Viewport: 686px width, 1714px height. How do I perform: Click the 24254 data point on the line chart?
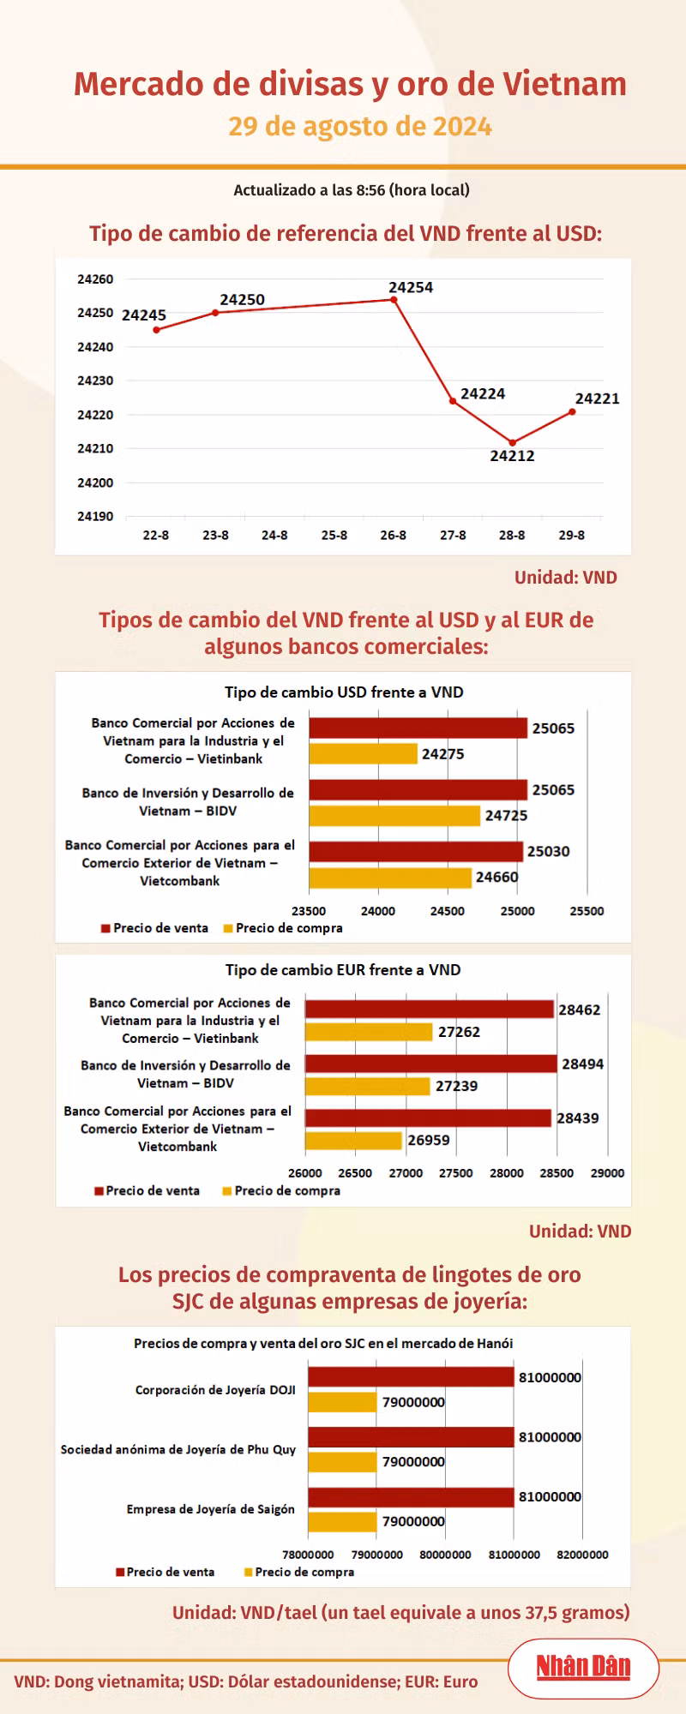394,300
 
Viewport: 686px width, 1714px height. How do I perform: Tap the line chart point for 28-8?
513,442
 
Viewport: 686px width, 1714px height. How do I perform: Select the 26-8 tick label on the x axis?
394,535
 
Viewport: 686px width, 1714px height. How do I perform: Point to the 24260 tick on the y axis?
95,279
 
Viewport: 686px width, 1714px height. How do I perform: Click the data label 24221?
597,399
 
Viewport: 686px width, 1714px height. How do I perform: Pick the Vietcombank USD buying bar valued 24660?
390,878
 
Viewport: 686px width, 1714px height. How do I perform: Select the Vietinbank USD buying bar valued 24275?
363,753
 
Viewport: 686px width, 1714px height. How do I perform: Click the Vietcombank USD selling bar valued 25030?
416,851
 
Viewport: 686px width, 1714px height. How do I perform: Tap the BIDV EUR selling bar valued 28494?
431,1064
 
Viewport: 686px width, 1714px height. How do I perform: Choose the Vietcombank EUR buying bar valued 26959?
353,1141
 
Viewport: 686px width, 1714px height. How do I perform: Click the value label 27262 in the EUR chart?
459,1032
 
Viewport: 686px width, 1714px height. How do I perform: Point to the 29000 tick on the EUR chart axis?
608,1172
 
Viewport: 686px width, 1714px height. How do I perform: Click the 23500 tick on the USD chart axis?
309,911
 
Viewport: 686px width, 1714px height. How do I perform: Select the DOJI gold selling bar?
411,1377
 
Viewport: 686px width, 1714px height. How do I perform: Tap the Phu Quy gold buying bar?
342,1462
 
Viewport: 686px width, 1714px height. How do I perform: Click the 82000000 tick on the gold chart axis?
583,1555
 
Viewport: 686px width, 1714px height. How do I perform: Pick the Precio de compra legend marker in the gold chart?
249,1572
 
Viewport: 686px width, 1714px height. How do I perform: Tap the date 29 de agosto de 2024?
360,127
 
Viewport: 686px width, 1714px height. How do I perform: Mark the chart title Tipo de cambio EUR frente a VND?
343,970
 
